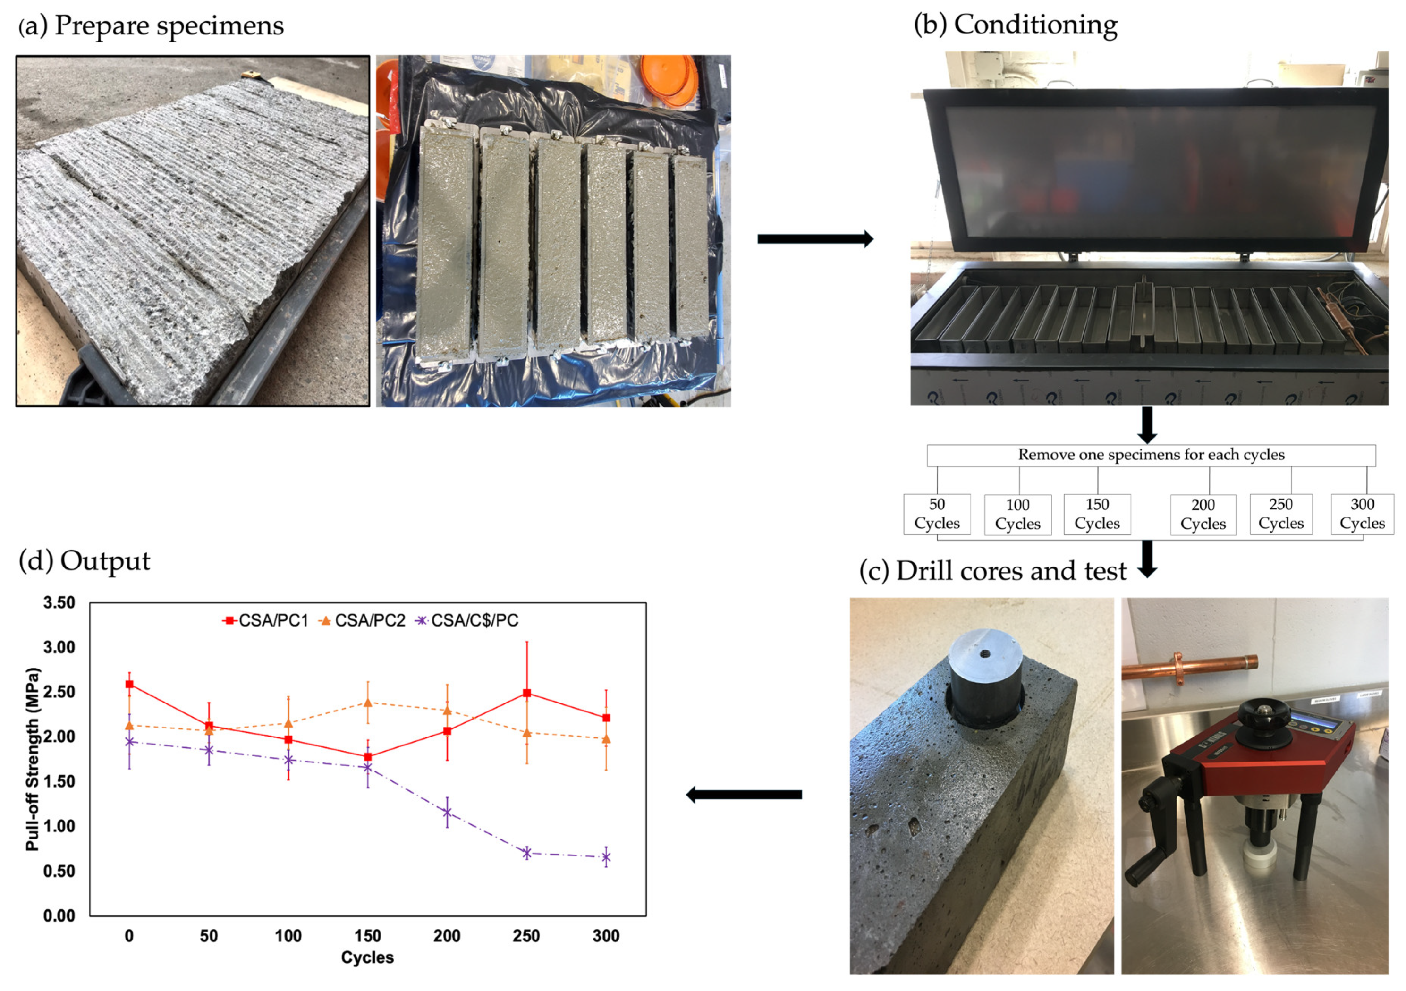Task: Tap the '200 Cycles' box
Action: click(1203, 515)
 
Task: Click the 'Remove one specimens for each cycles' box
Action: click(1151, 455)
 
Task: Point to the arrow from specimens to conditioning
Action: click(815, 238)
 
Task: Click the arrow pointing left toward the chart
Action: click(744, 795)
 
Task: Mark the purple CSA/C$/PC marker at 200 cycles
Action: click(447, 813)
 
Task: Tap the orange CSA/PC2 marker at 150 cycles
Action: click(367, 703)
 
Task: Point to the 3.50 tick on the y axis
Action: click(59, 603)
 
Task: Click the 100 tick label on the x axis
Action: click(288, 936)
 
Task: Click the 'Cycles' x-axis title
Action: click(367, 957)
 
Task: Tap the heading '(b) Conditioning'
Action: click(1015, 25)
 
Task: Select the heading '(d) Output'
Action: click(85, 561)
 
